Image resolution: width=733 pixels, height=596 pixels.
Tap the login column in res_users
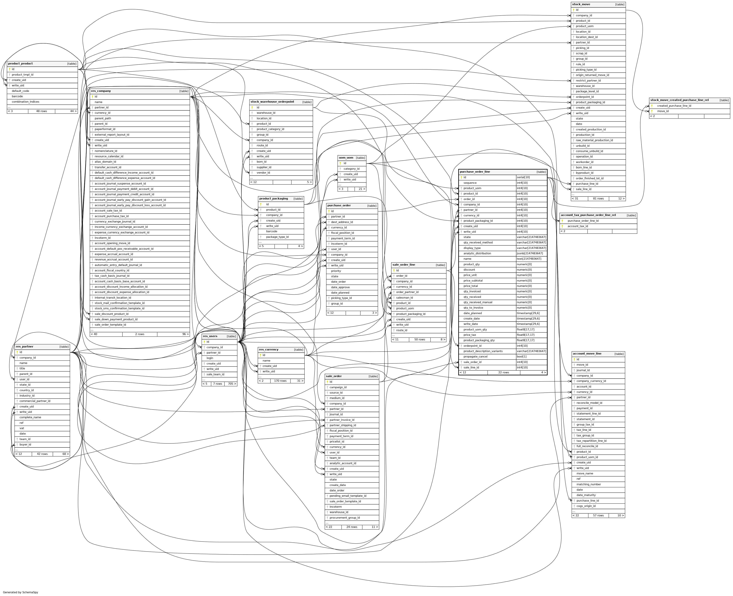coord(210,358)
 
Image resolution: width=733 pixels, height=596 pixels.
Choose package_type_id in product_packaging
coord(277,237)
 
